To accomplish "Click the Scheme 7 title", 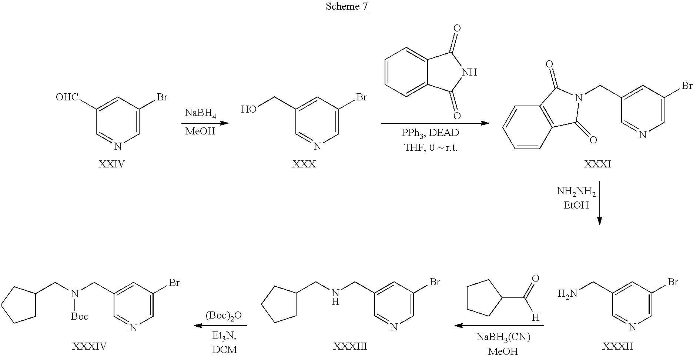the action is (347, 7).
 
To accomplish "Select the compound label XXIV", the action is (111, 164).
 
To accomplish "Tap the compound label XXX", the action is (304, 164).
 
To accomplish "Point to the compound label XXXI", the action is (597, 164).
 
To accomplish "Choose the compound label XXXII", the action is (617, 346).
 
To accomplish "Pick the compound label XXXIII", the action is (350, 346).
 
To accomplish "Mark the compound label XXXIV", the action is (89, 346).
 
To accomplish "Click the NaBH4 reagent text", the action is (201, 113).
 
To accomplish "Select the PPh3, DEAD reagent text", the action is (431, 133).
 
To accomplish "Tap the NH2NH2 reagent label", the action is (576, 192).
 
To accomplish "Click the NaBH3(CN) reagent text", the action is (503, 337).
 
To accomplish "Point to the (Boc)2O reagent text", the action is (224, 316).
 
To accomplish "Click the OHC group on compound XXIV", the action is (67, 97).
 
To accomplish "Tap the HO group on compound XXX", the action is (248, 109).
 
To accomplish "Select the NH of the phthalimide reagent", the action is (469, 72).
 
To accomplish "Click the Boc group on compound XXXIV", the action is (80, 316).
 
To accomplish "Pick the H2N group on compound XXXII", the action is (568, 294).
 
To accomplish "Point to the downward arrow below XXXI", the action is (599, 203).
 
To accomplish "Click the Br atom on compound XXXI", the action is (687, 86).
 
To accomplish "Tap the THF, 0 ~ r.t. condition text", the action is (431, 148).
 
